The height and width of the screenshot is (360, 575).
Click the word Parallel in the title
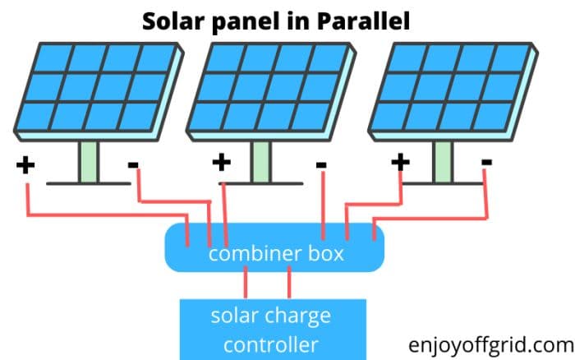pos(364,20)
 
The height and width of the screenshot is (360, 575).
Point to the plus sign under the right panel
pos(400,161)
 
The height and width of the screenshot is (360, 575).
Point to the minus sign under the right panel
pos(487,163)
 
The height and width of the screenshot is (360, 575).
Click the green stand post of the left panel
pos(89,160)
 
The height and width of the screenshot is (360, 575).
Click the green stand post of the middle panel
pos(261,160)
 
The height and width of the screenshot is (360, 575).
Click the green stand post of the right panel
pos(443,160)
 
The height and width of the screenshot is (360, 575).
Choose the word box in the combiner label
pos(326,254)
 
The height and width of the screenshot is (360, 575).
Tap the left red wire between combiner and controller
pos(246,284)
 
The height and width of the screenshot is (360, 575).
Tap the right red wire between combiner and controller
pos(289,284)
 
